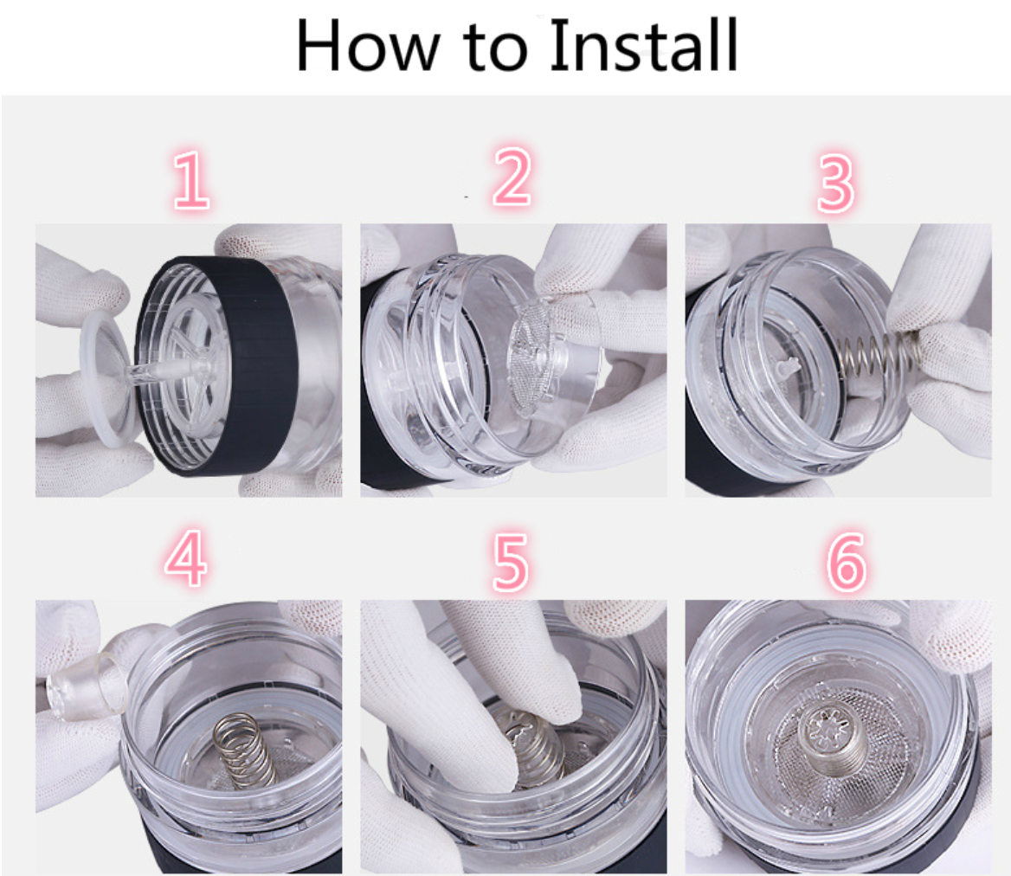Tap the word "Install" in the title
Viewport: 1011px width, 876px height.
(x=643, y=45)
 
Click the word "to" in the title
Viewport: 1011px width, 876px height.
(x=495, y=49)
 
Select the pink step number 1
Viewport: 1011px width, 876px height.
(x=191, y=180)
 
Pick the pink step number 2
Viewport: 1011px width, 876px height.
(x=512, y=177)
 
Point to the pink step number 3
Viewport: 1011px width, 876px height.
(x=835, y=183)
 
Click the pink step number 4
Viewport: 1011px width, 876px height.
(x=186, y=558)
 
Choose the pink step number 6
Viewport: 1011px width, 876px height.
(x=846, y=562)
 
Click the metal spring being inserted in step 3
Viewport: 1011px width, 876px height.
(x=879, y=354)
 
